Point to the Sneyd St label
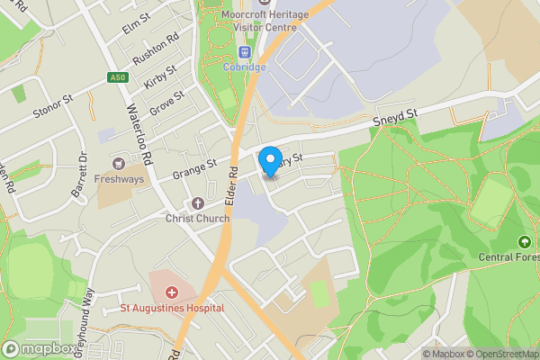pos(397,117)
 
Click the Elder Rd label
pos(232,184)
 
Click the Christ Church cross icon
pos(198,203)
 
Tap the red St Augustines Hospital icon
pos(171,293)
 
